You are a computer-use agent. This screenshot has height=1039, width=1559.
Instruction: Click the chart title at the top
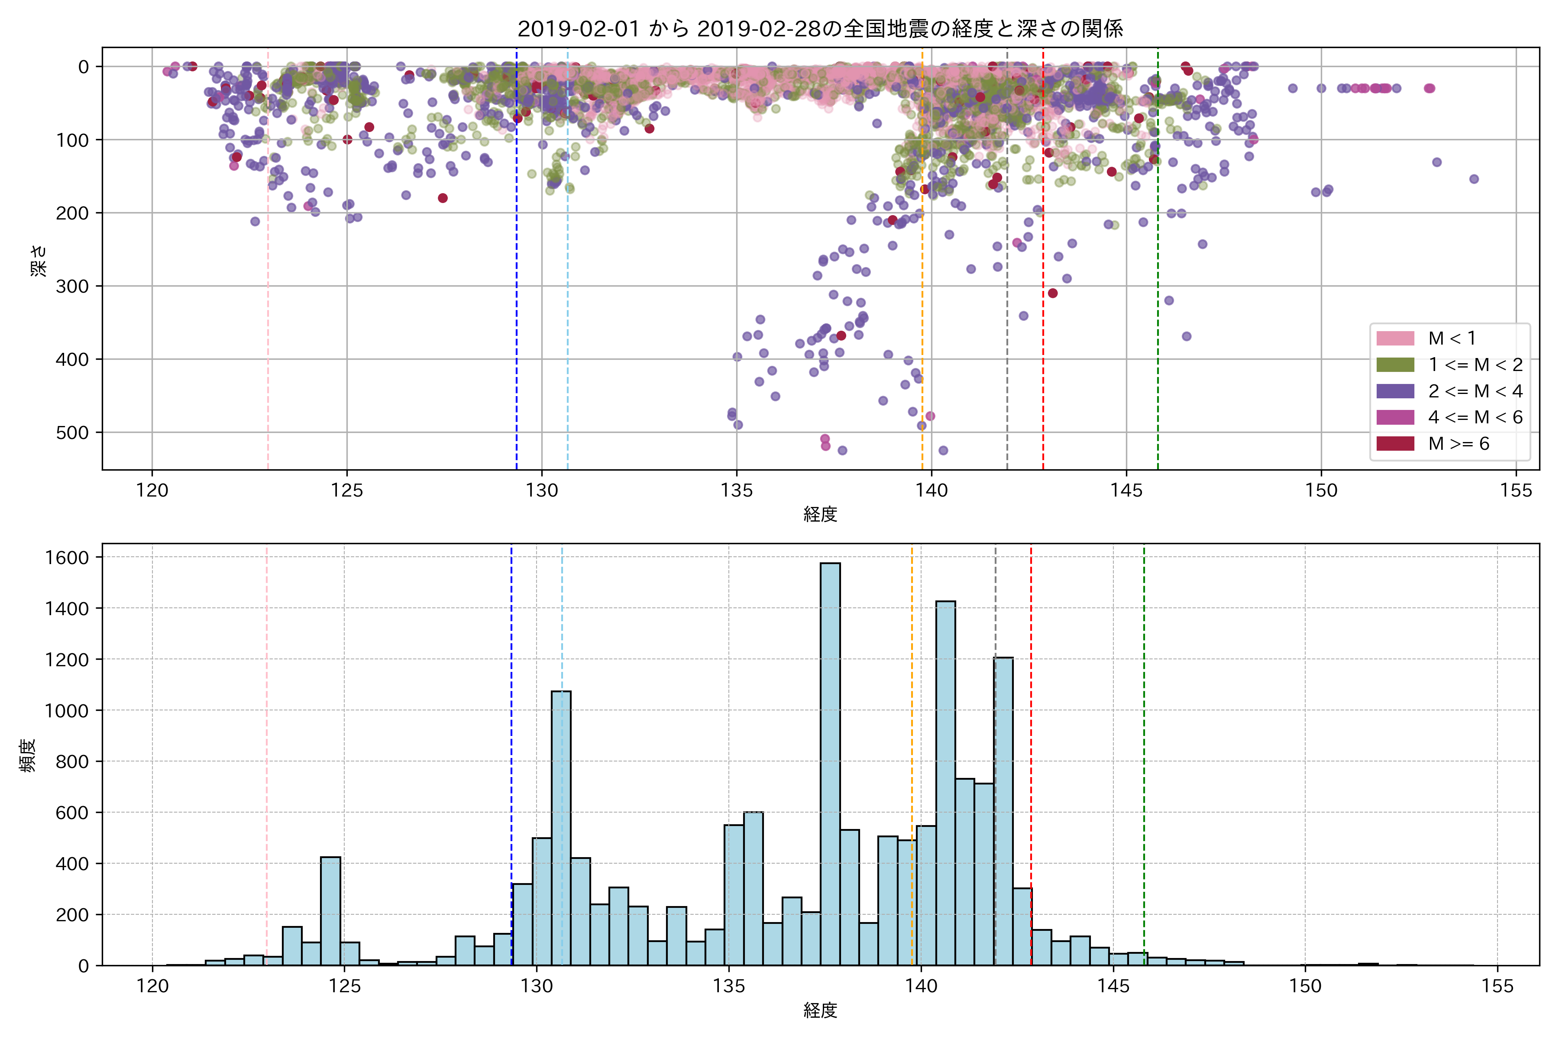click(x=820, y=29)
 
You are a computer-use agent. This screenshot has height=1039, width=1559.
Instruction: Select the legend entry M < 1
click(x=1451, y=339)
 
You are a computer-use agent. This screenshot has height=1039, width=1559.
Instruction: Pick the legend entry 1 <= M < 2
click(x=1475, y=365)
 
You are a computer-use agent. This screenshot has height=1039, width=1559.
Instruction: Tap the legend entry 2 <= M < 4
click(x=1475, y=391)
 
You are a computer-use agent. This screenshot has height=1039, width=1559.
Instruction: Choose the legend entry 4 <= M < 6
click(x=1475, y=417)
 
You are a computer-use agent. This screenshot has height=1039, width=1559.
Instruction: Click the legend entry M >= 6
click(x=1458, y=444)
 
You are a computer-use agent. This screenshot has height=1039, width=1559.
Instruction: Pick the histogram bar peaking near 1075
click(x=561, y=828)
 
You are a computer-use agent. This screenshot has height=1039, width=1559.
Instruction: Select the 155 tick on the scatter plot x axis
click(x=1516, y=490)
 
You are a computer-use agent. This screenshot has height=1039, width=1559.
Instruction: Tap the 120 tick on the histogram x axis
click(x=152, y=986)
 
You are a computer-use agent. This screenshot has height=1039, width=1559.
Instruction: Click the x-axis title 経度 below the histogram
click(x=820, y=1010)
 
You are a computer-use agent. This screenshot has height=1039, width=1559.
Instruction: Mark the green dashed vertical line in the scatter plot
click(x=1158, y=265)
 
